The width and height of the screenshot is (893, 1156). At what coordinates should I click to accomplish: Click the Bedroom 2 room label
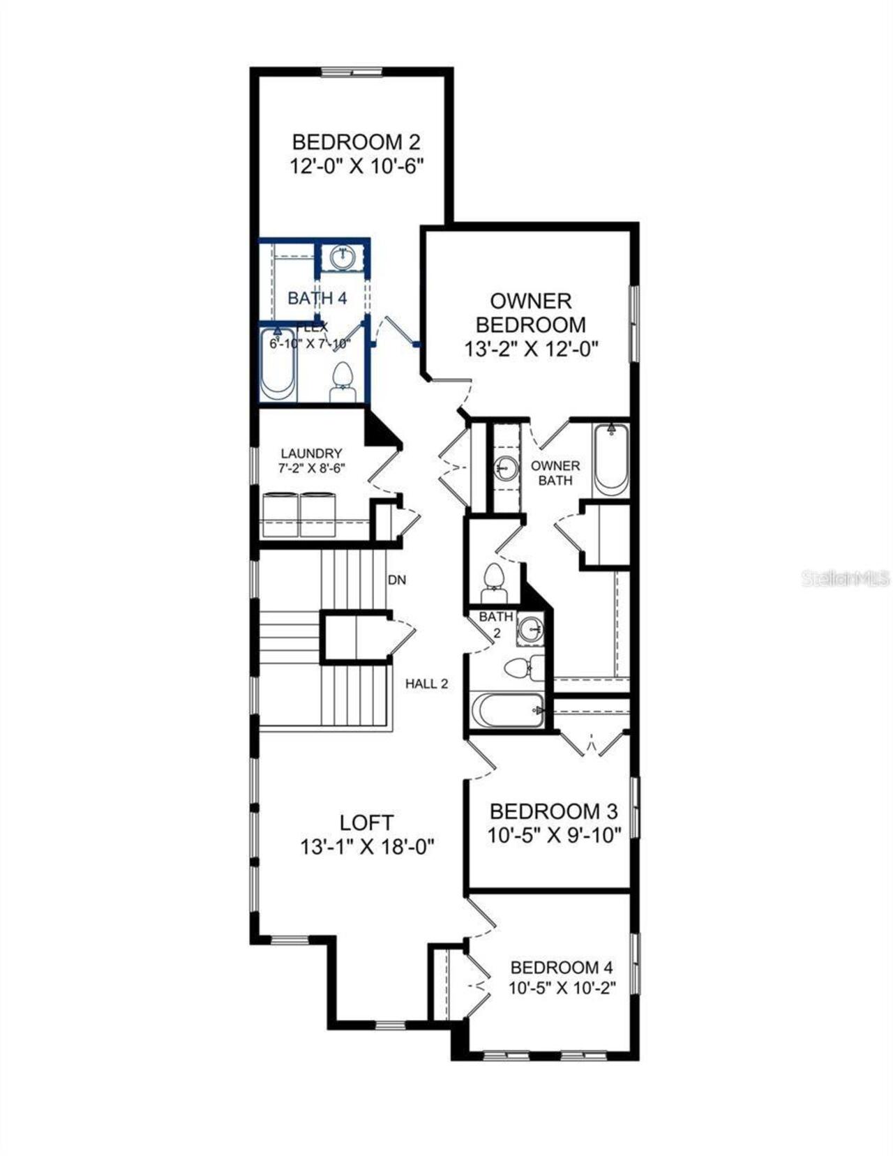[356, 142]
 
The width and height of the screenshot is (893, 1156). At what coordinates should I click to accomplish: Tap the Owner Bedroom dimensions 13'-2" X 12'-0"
[532, 348]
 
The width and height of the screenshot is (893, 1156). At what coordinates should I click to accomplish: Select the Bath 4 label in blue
[317, 298]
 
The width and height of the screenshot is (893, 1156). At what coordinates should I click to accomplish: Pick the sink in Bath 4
[342, 257]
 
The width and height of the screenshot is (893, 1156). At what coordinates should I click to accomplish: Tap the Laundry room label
[311, 453]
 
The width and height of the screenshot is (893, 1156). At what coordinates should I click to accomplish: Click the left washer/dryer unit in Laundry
[280, 515]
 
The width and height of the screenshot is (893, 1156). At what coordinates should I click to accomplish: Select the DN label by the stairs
[397, 580]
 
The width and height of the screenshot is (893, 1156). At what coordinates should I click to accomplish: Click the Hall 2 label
[426, 684]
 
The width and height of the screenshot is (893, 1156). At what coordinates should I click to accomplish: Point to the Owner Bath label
[555, 472]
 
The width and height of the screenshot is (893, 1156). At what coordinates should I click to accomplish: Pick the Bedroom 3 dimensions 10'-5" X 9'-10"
[554, 834]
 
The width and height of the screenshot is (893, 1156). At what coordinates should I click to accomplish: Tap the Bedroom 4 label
[562, 968]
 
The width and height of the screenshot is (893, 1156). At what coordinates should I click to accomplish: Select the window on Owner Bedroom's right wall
[635, 322]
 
